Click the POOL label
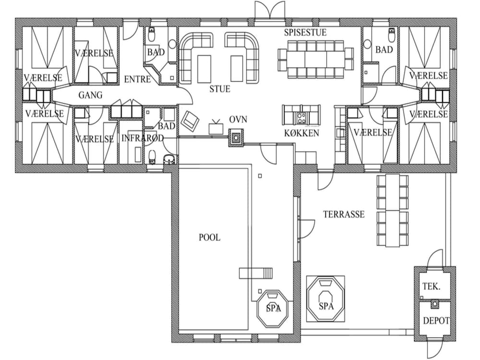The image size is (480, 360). tap(209, 237)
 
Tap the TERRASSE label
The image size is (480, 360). tap(344, 214)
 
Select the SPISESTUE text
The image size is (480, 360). tap(305, 33)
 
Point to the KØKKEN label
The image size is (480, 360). tap(301, 133)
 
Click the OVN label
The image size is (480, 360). tap(238, 120)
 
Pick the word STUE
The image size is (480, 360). tap(220, 89)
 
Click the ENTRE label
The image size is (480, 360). tap(137, 79)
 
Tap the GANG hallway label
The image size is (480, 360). tap(90, 95)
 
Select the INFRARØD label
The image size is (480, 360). tap(143, 138)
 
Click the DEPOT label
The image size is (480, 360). tap(436, 321)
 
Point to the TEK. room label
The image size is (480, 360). tap(432, 287)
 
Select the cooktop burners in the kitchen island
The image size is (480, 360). tap(300, 118)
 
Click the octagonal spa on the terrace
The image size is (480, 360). tap(326, 299)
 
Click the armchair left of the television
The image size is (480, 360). tap(191, 120)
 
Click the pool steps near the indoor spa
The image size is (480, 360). tap(256, 273)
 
